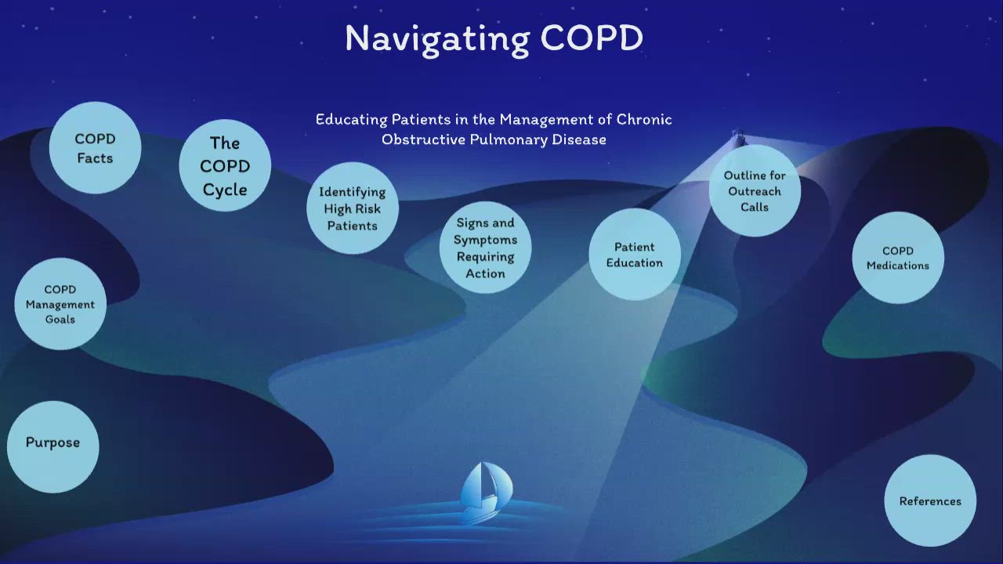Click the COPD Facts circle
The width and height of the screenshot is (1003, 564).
click(x=95, y=148)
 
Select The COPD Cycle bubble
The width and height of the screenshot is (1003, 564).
click(x=225, y=166)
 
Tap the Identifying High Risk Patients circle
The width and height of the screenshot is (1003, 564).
click(x=352, y=208)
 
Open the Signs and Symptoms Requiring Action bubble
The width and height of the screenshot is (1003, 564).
click(x=485, y=248)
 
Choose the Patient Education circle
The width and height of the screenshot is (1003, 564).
click(x=634, y=255)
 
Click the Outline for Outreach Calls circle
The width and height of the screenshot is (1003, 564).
click(x=755, y=191)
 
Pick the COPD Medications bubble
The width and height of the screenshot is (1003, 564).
click(x=897, y=258)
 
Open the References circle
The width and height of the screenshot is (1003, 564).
click(x=930, y=501)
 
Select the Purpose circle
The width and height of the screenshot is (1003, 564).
click(x=53, y=443)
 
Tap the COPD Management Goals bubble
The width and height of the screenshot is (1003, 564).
click(x=60, y=304)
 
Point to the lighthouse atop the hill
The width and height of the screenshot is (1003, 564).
click(x=737, y=139)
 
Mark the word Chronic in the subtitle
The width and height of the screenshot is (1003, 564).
click(x=644, y=120)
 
